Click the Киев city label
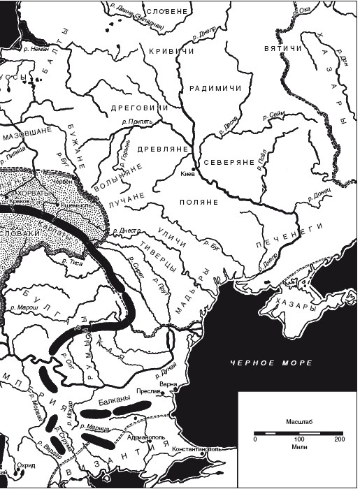click(187, 174)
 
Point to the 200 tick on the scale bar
click(340, 439)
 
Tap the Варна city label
click(178, 384)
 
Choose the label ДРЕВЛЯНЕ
click(164, 148)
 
